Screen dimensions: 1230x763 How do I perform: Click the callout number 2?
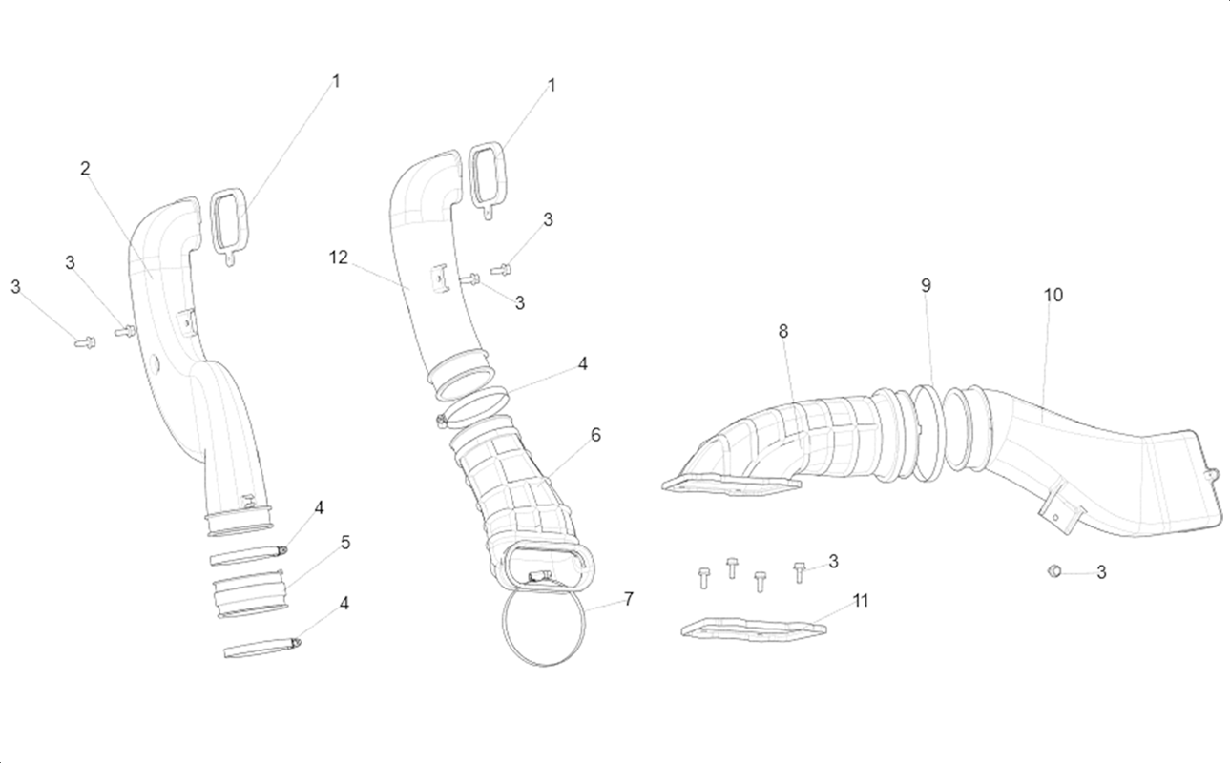click(x=85, y=169)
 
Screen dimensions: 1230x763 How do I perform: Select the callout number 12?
click(x=338, y=258)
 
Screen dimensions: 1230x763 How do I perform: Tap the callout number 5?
click(x=344, y=543)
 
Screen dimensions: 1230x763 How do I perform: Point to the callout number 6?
click(x=595, y=435)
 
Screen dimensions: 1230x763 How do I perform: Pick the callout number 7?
click(x=629, y=599)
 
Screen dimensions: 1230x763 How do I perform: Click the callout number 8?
click(x=783, y=331)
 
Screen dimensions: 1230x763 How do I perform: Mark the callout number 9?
click(x=926, y=285)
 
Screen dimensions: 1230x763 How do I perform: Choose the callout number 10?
click(x=1053, y=296)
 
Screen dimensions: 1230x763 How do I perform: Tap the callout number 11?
click(x=861, y=601)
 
